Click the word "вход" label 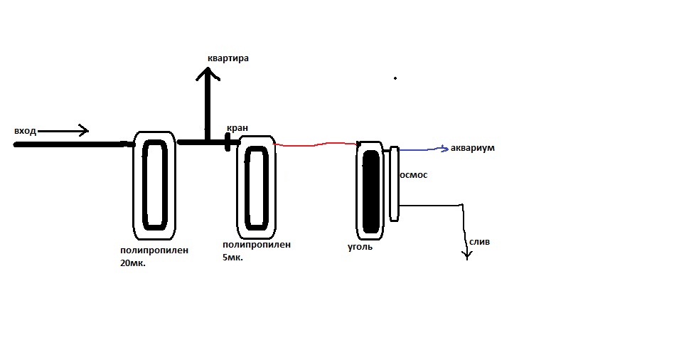(24, 131)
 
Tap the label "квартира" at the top (228, 58)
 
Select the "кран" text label (237, 128)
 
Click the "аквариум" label (472, 148)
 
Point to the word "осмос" (414, 174)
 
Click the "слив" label (479, 242)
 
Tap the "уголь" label (359, 248)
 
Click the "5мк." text (232, 258)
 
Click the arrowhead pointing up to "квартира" (207, 73)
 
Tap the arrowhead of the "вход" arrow (85, 130)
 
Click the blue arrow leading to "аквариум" (423, 149)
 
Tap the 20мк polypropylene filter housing (154, 184)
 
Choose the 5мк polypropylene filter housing (257, 186)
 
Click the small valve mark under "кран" (228, 142)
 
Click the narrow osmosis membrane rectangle (394, 183)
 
